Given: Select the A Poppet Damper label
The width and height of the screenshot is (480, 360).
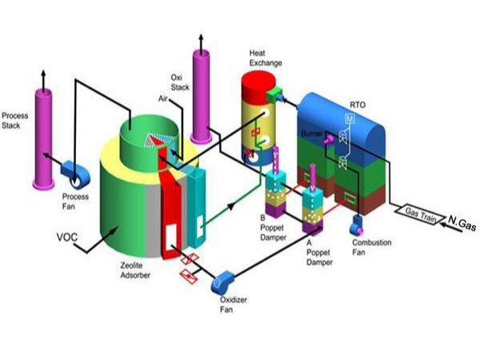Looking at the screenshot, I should [x=307, y=249].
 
